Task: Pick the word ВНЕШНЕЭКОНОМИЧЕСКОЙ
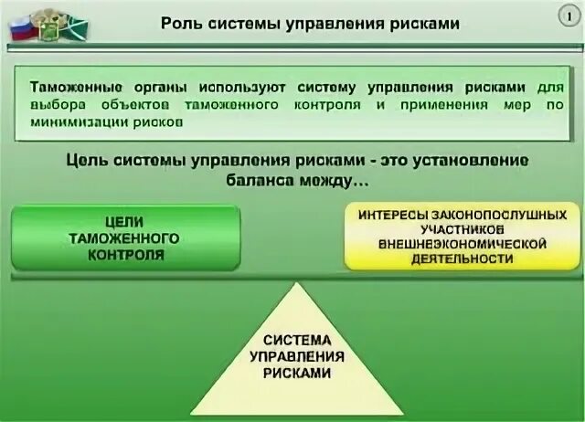(x=462, y=244)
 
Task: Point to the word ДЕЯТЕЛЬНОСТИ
(x=462, y=258)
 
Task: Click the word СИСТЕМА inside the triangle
(x=292, y=341)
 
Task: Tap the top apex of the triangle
(x=292, y=283)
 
